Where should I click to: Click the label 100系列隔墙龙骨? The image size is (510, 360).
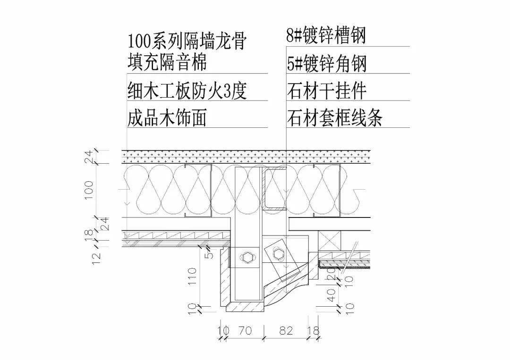(x=187, y=41)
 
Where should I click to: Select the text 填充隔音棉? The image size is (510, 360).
(x=167, y=62)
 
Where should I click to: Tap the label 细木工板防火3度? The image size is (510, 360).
(x=187, y=90)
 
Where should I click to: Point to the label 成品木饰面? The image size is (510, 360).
(x=167, y=117)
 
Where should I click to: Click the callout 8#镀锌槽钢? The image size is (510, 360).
(x=326, y=35)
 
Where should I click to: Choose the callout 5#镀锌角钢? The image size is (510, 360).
(x=327, y=63)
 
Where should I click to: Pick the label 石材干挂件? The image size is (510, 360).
(x=327, y=91)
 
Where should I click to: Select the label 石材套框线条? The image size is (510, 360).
(x=334, y=117)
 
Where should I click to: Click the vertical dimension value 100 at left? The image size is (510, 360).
(x=89, y=191)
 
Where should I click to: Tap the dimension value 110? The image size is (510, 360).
(x=192, y=276)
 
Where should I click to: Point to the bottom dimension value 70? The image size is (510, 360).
(x=245, y=330)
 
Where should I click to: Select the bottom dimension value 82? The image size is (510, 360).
(x=286, y=330)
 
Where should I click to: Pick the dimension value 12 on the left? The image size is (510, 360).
(x=97, y=259)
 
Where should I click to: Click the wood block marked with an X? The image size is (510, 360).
(x=329, y=241)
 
